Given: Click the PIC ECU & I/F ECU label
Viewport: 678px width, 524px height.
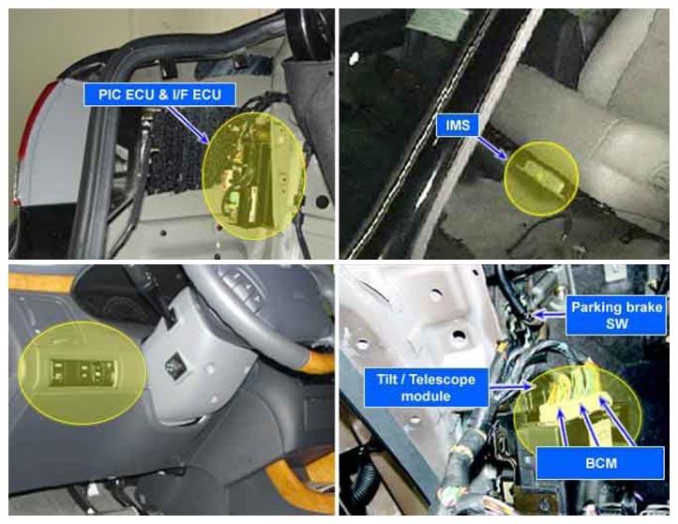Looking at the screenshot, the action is coord(159,95).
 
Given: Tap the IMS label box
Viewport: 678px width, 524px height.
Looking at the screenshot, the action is coord(458,126).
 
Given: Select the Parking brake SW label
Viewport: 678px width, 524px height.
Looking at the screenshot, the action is coord(616,315).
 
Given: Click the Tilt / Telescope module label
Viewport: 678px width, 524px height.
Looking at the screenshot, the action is coord(427,388).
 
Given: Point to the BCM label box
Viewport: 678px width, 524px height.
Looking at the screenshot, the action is coord(600,463).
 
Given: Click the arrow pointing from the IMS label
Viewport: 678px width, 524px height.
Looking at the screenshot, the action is coord(492,149).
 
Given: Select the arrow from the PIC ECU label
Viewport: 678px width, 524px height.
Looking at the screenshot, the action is coord(188,125).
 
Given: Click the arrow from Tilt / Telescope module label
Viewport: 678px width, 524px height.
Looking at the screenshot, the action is coord(510,386).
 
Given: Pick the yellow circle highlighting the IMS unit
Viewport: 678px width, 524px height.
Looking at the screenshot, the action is coord(541,178).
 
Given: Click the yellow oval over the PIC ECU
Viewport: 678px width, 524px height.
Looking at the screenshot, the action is coord(254,176).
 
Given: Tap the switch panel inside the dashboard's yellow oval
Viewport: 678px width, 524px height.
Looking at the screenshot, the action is coord(83,372).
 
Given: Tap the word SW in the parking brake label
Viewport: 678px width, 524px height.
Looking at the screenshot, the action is coord(617,323).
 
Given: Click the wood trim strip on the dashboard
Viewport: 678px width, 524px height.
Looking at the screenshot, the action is coord(41,282).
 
